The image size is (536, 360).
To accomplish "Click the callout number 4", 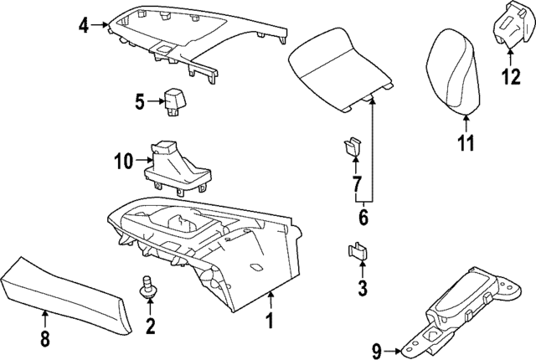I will pos(83,25).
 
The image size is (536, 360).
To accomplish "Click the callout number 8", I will pos(44,339).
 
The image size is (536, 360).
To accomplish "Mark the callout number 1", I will pos(270,321).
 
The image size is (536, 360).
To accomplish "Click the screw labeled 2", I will pos(148,289).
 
